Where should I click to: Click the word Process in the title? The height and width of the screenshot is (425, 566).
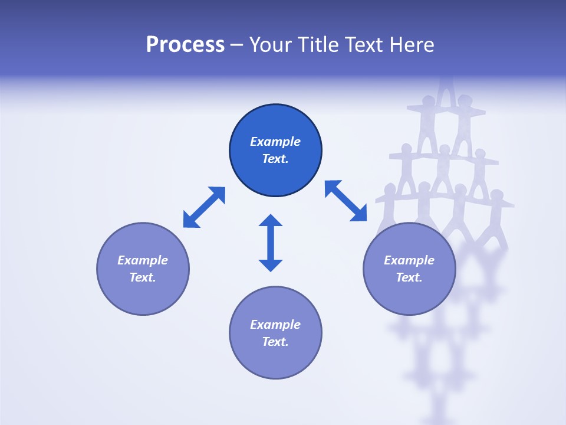(185, 45)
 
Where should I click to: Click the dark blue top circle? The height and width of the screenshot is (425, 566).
(275, 177)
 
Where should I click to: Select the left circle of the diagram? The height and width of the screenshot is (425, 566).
(143, 295)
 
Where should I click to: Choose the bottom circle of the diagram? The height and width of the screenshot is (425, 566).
(275, 359)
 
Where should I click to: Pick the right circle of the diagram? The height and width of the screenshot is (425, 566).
(409, 295)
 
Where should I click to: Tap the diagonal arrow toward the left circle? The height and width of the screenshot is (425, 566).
(204, 207)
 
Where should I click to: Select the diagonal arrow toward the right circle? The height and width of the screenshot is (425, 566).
(345, 201)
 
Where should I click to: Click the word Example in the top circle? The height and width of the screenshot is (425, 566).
(275, 142)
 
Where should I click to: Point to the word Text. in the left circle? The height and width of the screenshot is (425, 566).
(143, 277)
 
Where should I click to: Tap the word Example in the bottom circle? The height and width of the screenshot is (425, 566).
(275, 325)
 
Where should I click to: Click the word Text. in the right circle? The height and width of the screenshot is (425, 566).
(409, 277)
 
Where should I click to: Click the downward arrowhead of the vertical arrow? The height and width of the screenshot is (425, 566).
(271, 265)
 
